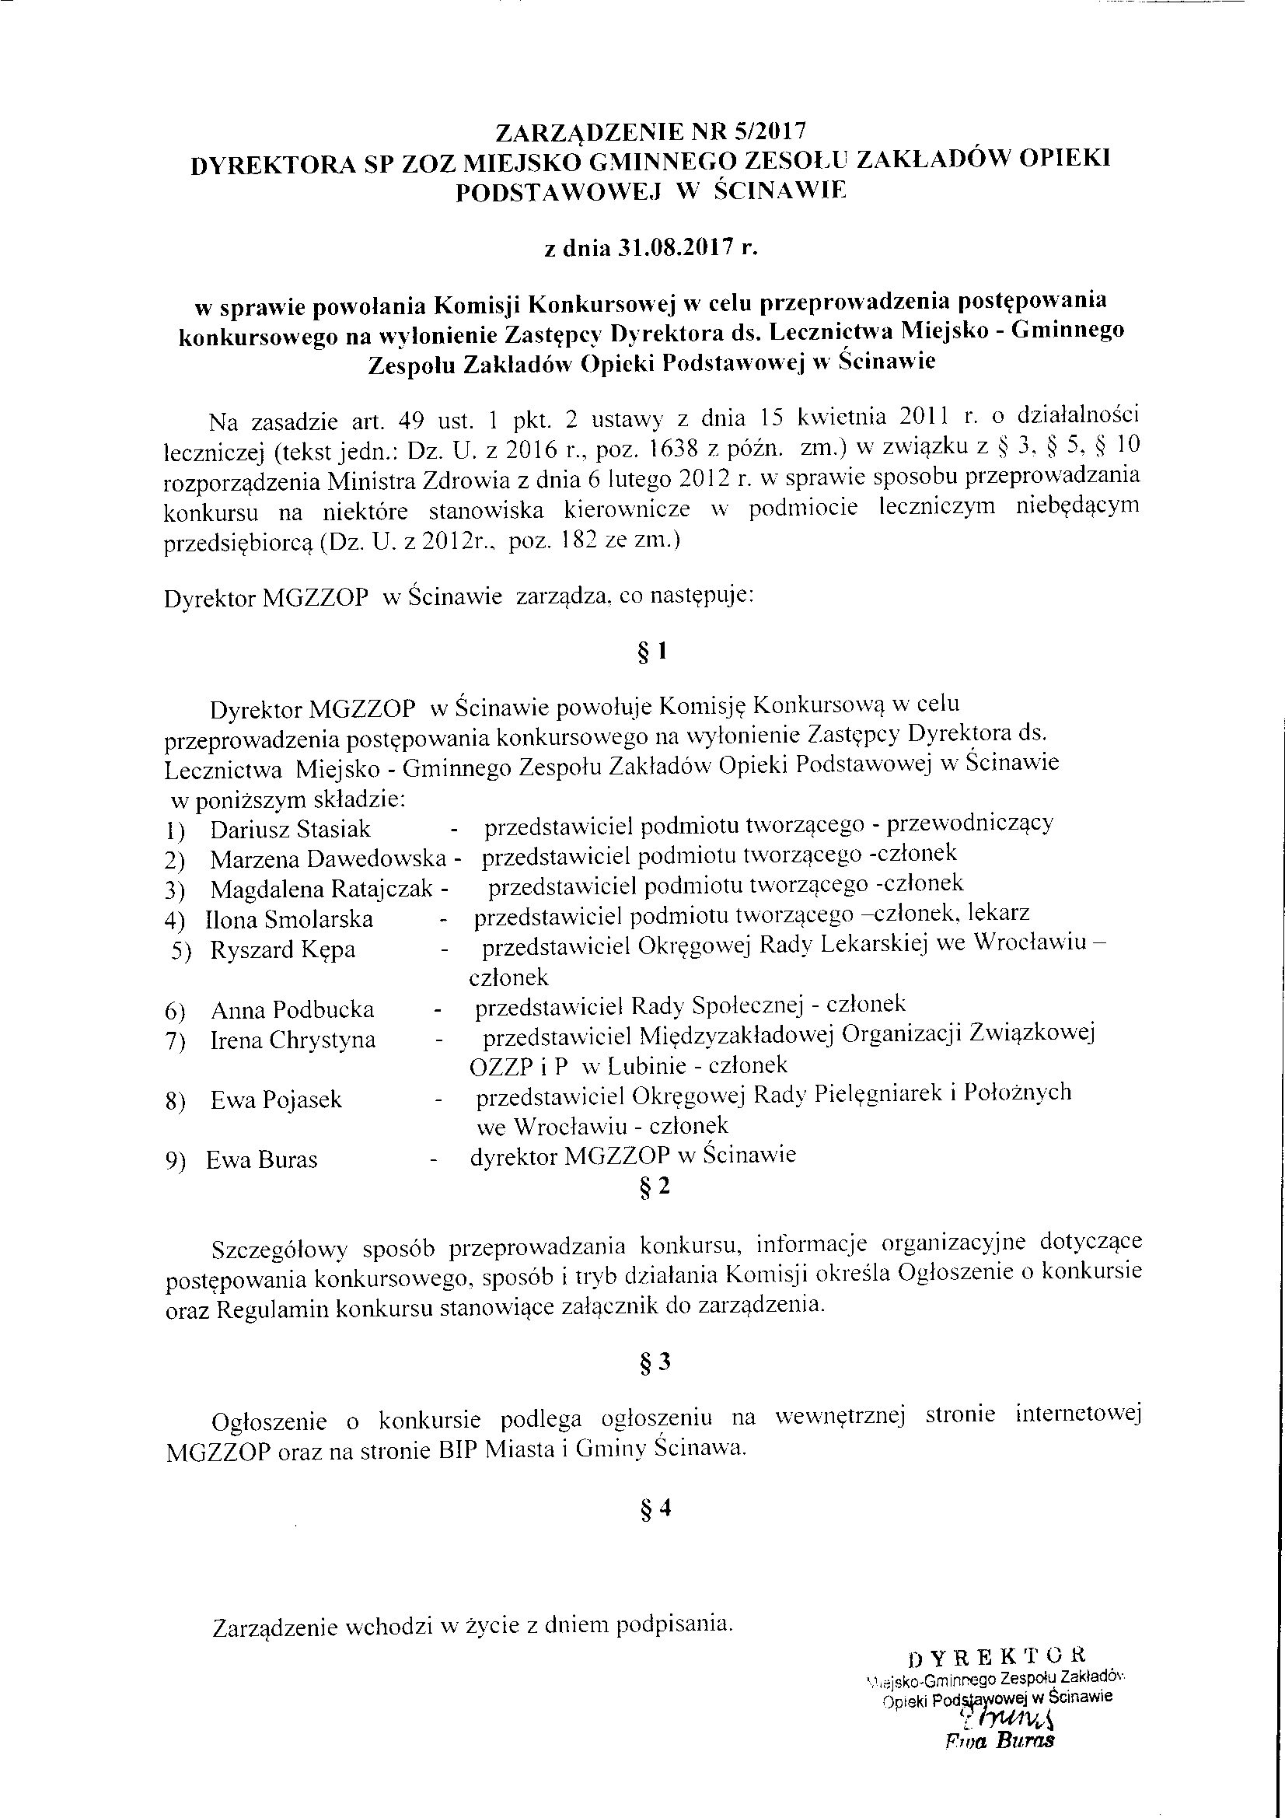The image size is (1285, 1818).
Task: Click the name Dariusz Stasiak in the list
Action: click(290, 829)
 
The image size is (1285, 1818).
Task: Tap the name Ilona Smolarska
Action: click(289, 919)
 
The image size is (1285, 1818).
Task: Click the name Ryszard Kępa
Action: click(283, 949)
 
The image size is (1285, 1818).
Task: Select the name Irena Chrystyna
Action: click(292, 1040)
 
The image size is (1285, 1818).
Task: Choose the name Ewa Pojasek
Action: click(275, 1100)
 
